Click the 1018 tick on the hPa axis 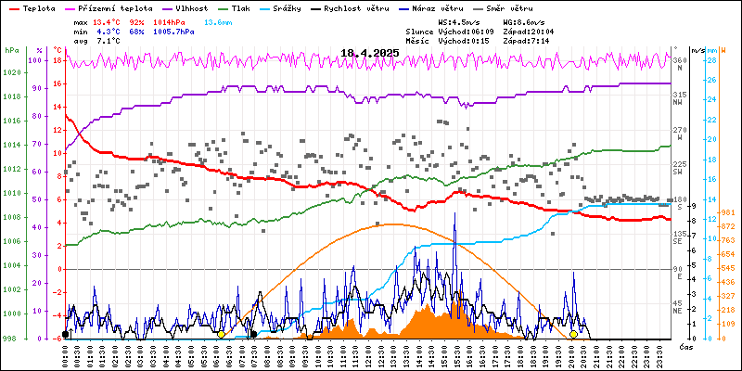pyautogui.click(x=10, y=96)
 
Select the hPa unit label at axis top pyautogui.click(x=10, y=50)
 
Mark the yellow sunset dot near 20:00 pyautogui.click(x=573, y=334)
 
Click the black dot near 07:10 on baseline pyautogui.click(x=253, y=334)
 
